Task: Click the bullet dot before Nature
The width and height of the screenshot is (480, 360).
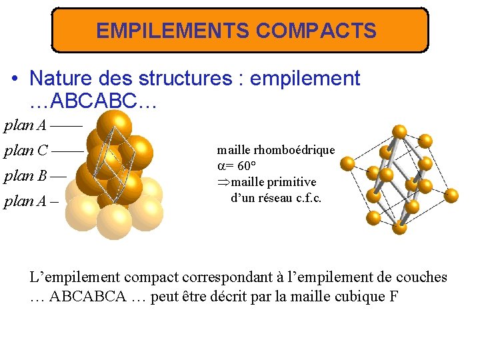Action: pos(14,79)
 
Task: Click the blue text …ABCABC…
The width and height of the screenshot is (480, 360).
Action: pos(93,102)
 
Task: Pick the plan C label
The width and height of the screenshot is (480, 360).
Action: pos(25,151)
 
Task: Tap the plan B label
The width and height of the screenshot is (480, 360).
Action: pos(25,176)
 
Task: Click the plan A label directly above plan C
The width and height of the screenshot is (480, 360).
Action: pos(25,125)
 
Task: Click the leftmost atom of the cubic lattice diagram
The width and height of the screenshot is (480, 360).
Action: pos(347,163)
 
